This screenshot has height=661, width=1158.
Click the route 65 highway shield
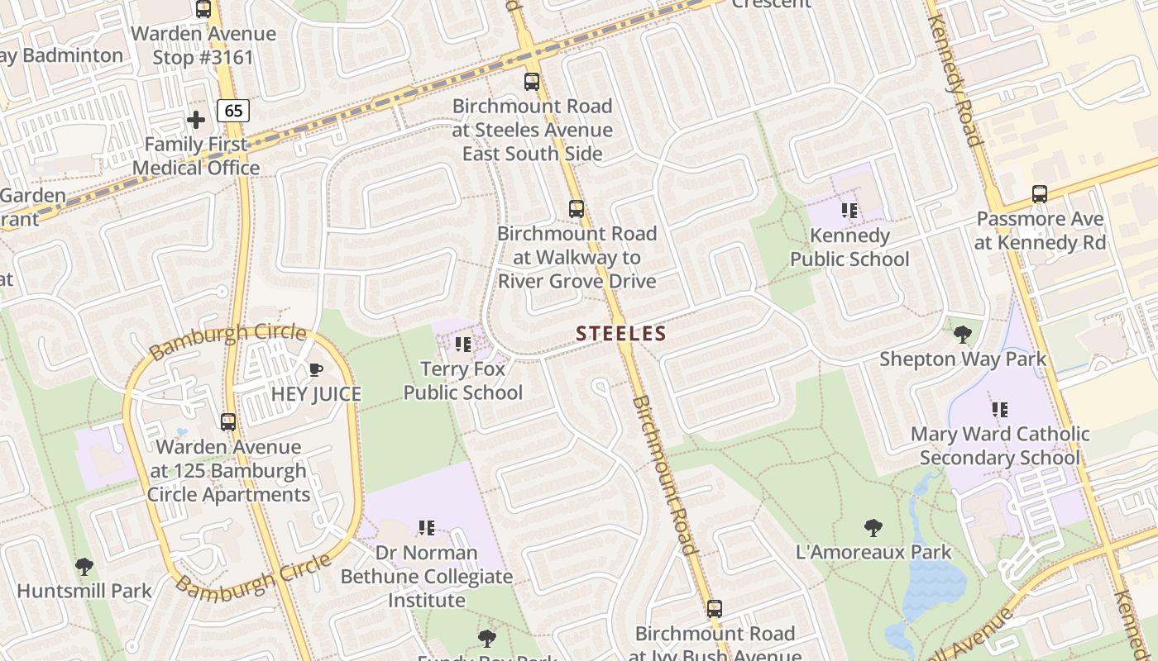click(x=234, y=110)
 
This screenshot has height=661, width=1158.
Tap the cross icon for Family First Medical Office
click(x=196, y=120)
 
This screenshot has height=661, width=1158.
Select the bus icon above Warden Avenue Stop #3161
click(x=203, y=9)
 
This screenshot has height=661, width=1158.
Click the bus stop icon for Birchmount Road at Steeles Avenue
click(x=532, y=82)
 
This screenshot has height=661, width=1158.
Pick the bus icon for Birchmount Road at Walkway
click(x=577, y=209)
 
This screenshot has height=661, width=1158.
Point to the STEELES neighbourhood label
click(x=620, y=334)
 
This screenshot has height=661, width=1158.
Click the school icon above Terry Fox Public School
click(x=463, y=344)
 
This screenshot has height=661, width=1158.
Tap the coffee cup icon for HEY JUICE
click(x=315, y=369)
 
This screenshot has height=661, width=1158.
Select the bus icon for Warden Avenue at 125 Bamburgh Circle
click(x=228, y=422)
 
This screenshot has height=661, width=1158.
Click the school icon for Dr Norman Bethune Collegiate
click(x=427, y=527)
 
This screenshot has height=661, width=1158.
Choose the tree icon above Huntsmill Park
click(x=84, y=567)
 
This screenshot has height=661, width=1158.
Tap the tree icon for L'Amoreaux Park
click(x=873, y=527)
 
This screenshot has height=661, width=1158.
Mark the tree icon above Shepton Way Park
click(x=962, y=335)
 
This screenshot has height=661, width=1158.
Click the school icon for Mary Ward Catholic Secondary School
click(x=1000, y=409)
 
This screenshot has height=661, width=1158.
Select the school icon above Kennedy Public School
click(x=849, y=211)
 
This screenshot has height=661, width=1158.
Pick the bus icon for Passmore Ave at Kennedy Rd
click(x=1040, y=194)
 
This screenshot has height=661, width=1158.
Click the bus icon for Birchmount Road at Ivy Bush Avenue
click(x=715, y=609)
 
